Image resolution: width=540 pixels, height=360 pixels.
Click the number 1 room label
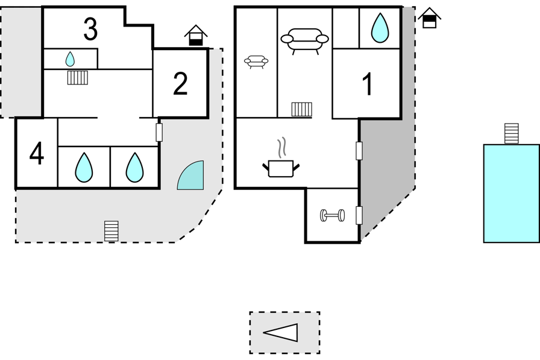pyautogui.click(x=368, y=84)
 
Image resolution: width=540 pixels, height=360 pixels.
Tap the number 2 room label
pyautogui.click(x=180, y=84)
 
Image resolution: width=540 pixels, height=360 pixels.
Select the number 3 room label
pyautogui.click(x=90, y=30)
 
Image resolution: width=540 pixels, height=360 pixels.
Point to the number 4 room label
pyautogui.click(x=37, y=154)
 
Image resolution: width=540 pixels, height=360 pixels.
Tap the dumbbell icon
pyautogui.click(x=332, y=215)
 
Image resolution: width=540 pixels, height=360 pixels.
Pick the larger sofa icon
pyautogui.click(x=305, y=40)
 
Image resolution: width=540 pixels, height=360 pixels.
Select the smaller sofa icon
pyautogui.click(x=256, y=61)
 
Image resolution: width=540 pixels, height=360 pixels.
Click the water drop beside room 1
pyautogui.click(x=380, y=28)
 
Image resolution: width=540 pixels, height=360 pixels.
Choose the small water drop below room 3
pyautogui.click(x=70, y=58)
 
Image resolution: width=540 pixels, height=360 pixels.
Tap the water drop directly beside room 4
pyautogui.click(x=84, y=167)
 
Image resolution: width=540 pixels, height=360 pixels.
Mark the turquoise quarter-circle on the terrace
pyautogui.click(x=192, y=177)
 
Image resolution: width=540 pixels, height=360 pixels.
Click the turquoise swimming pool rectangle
pyautogui.click(x=511, y=193)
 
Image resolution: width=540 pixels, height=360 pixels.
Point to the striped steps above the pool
pyautogui.click(x=511, y=133)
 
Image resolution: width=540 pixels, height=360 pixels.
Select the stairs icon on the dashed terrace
pyautogui.click(x=111, y=231)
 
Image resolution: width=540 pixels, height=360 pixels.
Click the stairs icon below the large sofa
pyautogui.click(x=301, y=109)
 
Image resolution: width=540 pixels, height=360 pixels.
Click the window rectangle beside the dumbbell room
pyautogui.click(x=359, y=215)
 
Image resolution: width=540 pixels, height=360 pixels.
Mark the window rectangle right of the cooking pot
pyautogui.click(x=359, y=151)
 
